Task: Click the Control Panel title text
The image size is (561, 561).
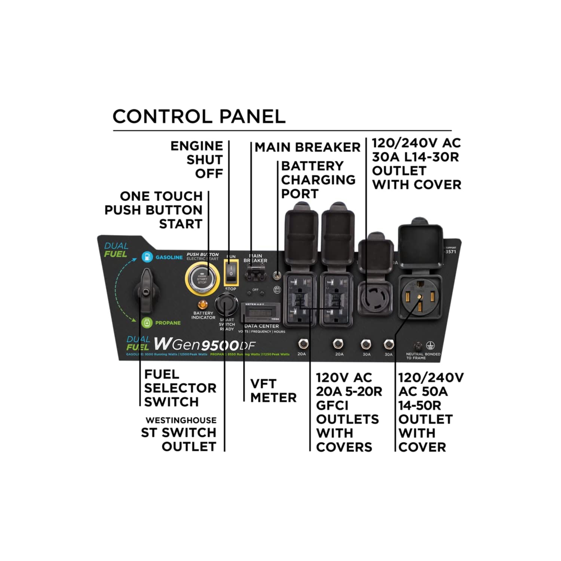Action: click(x=199, y=117)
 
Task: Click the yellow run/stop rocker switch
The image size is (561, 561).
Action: click(x=231, y=272)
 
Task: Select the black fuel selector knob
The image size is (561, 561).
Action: click(x=146, y=290)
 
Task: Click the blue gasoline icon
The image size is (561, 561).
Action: click(x=147, y=257)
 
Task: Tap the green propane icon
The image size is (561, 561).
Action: click(x=147, y=323)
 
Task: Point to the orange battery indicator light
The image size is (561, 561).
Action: click(x=203, y=304)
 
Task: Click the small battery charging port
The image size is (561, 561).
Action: click(x=277, y=275)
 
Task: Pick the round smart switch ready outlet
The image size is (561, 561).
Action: click(x=226, y=305)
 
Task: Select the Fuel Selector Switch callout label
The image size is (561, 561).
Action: click(x=180, y=388)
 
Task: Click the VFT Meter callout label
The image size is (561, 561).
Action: click(x=273, y=390)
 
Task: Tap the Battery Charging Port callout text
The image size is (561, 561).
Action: click(x=318, y=180)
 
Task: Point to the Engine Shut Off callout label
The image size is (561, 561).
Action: click(x=197, y=160)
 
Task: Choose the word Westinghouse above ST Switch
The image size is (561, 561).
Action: click(x=181, y=420)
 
